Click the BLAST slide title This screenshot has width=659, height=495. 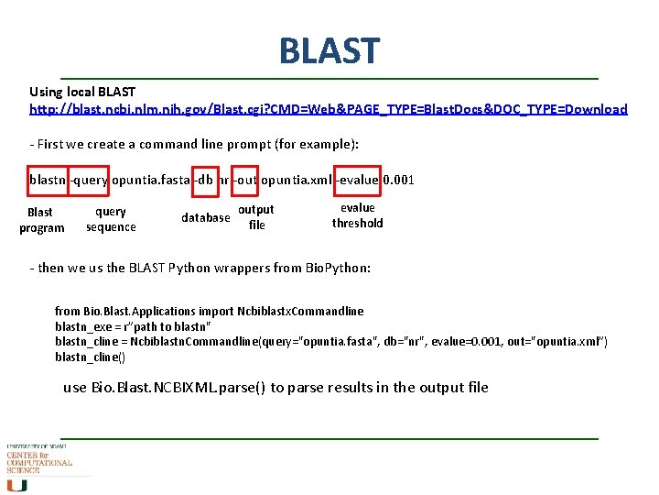329,50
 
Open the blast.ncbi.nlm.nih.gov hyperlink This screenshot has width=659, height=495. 329,109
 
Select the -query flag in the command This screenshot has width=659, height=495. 90,180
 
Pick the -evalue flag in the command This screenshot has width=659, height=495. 358,180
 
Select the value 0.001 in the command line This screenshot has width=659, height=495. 398,180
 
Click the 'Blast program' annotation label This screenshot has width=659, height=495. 42,220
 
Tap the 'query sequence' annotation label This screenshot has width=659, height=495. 111,219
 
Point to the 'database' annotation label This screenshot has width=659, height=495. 205,217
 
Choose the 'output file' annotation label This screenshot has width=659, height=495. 256,217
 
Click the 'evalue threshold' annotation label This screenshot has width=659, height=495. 357,215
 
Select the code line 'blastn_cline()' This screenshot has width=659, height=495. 90,357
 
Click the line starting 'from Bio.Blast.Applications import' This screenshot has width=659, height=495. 209,312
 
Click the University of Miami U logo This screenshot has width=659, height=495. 17,485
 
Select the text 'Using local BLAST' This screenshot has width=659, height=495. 82,92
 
